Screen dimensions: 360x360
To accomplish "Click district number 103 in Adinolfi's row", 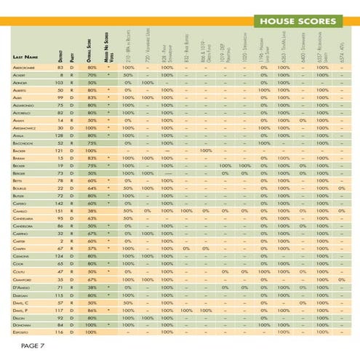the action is tap(61, 82).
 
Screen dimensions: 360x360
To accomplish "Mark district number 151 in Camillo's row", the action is tap(61, 211).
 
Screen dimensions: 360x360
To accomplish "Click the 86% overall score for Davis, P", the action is tap(92, 309).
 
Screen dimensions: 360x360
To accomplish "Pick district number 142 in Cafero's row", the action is tap(61, 203).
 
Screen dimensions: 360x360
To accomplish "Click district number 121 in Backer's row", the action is tap(61, 151).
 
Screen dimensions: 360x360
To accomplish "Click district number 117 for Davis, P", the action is tap(61, 309).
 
